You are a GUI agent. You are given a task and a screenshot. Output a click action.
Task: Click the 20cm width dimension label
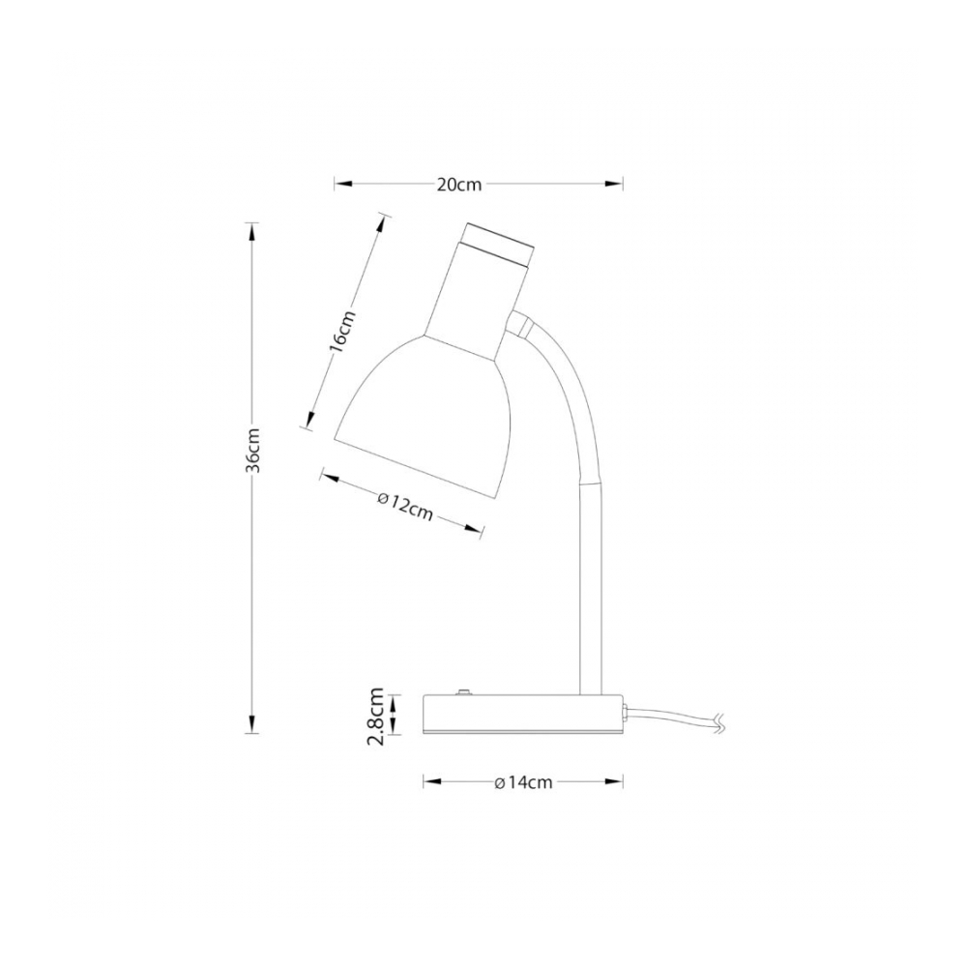coord(458,185)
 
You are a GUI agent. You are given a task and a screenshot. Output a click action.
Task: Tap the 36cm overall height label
coord(252,451)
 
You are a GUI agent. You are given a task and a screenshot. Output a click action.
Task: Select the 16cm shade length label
coord(343,331)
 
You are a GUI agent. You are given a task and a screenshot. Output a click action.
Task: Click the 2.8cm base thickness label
coord(375,717)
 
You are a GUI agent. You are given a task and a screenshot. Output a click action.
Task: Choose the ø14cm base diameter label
coord(523,782)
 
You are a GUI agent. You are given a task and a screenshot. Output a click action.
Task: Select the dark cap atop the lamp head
coord(500,244)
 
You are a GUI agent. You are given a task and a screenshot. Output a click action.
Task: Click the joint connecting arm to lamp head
coord(518,324)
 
